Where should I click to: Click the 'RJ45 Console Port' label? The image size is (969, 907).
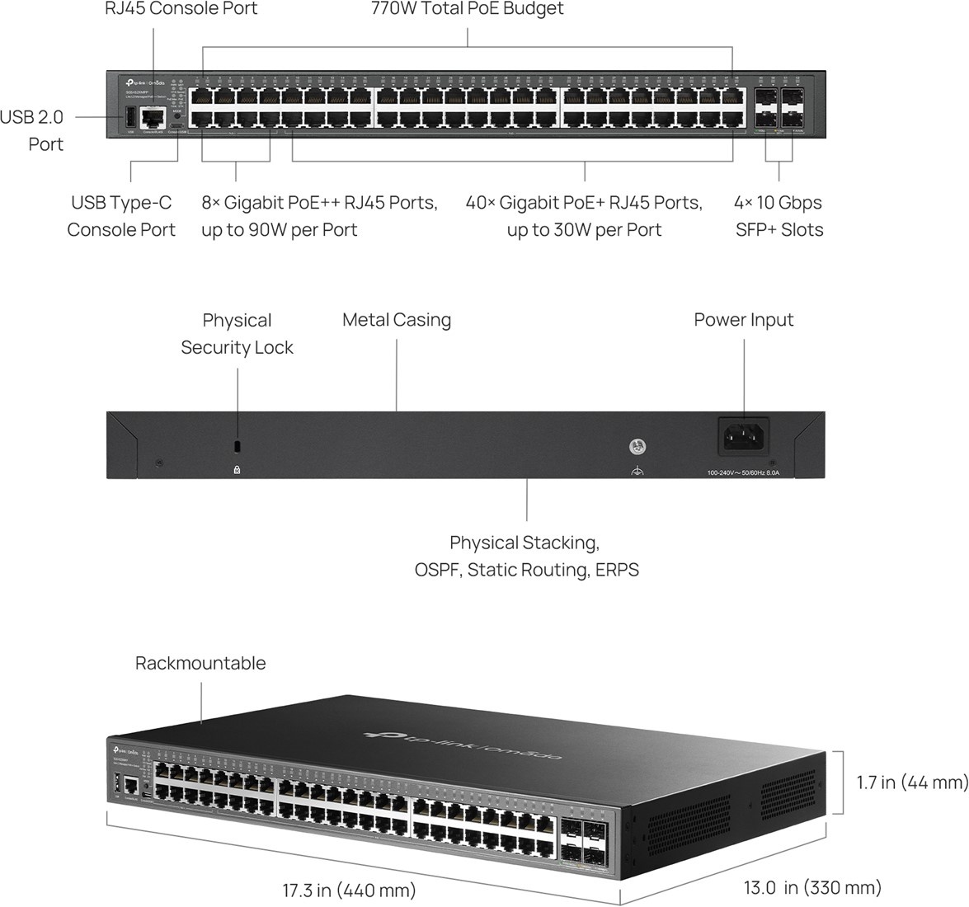click(181, 9)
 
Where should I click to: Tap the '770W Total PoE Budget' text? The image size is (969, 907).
click(468, 9)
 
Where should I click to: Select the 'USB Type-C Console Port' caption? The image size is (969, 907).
click(121, 216)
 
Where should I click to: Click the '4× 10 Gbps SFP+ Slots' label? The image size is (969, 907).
click(778, 216)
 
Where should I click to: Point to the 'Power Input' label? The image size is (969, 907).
click(743, 320)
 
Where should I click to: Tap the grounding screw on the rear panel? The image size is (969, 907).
click(637, 448)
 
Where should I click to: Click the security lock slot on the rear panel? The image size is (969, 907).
click(238, 446)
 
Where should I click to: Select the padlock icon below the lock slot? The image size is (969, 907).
click(238, 469)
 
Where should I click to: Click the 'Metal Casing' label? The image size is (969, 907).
click(397, 320)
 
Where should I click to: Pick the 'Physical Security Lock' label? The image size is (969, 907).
click(237, 334)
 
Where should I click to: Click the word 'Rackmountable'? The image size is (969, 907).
click(200, 663)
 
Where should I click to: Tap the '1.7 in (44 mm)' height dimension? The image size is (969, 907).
click(911, 782)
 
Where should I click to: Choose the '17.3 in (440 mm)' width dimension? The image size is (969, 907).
click(349, 891)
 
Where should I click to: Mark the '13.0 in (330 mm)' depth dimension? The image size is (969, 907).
click(812, 887)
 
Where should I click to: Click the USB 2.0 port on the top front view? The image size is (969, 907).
click(129, 118)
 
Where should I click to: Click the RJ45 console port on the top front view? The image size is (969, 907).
click(153, 118)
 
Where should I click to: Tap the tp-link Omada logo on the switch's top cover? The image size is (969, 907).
click(462, 745)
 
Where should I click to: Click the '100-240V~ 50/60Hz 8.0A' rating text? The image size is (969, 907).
click(747, 473)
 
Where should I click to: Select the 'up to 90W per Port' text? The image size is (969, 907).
click(279, 230)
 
